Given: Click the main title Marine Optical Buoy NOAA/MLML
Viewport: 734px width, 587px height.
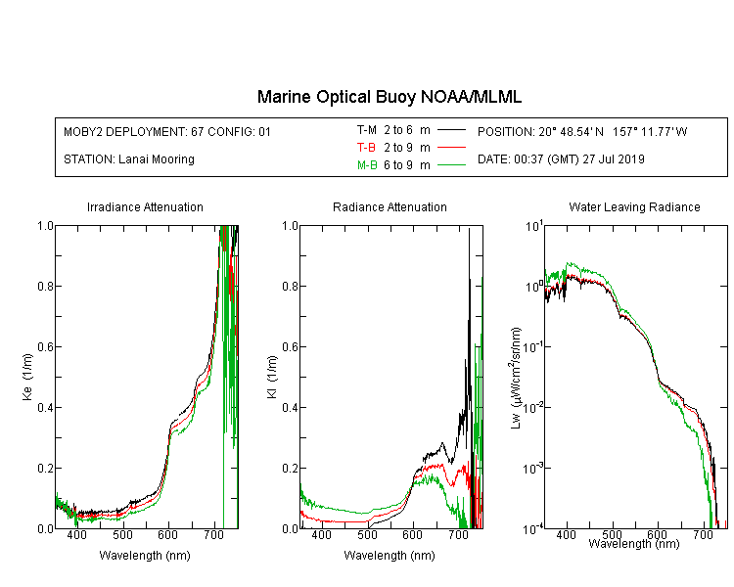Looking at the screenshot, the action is click(x=389, y=97).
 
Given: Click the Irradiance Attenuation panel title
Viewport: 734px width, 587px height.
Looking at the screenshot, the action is click(x=145, y=206).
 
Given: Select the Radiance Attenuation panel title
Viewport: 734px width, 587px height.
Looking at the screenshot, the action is click(x=390, y=206).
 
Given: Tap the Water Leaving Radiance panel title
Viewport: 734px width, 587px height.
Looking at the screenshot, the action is click(x=634, y=206).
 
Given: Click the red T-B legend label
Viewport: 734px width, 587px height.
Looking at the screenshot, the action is click(x=366, y=148).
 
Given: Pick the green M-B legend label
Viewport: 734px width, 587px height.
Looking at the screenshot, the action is click(x=367, y=165).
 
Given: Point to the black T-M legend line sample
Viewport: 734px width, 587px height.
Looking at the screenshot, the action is click(x=451, y=130).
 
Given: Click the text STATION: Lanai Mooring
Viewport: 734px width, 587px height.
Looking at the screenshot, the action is click(x=129, y=159).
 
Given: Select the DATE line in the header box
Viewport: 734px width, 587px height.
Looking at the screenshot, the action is click(x=561, y=159).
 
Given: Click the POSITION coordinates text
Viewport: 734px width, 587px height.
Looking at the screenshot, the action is click(x=582, y=131).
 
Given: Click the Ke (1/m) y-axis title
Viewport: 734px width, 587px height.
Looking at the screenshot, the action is click(x=27, y=377).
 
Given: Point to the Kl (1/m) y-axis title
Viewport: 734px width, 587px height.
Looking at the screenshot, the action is click(x=272, y=377).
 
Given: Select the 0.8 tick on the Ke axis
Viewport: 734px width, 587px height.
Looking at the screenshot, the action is click(x=45, y=286).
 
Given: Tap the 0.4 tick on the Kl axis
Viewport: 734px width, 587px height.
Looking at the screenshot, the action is click(x=291, y=408).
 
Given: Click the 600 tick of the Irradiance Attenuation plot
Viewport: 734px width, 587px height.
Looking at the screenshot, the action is click(x=167, y=534).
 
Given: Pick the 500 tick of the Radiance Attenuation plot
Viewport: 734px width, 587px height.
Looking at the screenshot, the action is click(x=367, y=534).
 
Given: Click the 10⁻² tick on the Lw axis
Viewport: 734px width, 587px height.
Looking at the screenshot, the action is click(x=533, y=407).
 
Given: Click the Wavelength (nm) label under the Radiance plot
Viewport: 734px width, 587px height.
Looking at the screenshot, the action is click(x=390, y=556).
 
